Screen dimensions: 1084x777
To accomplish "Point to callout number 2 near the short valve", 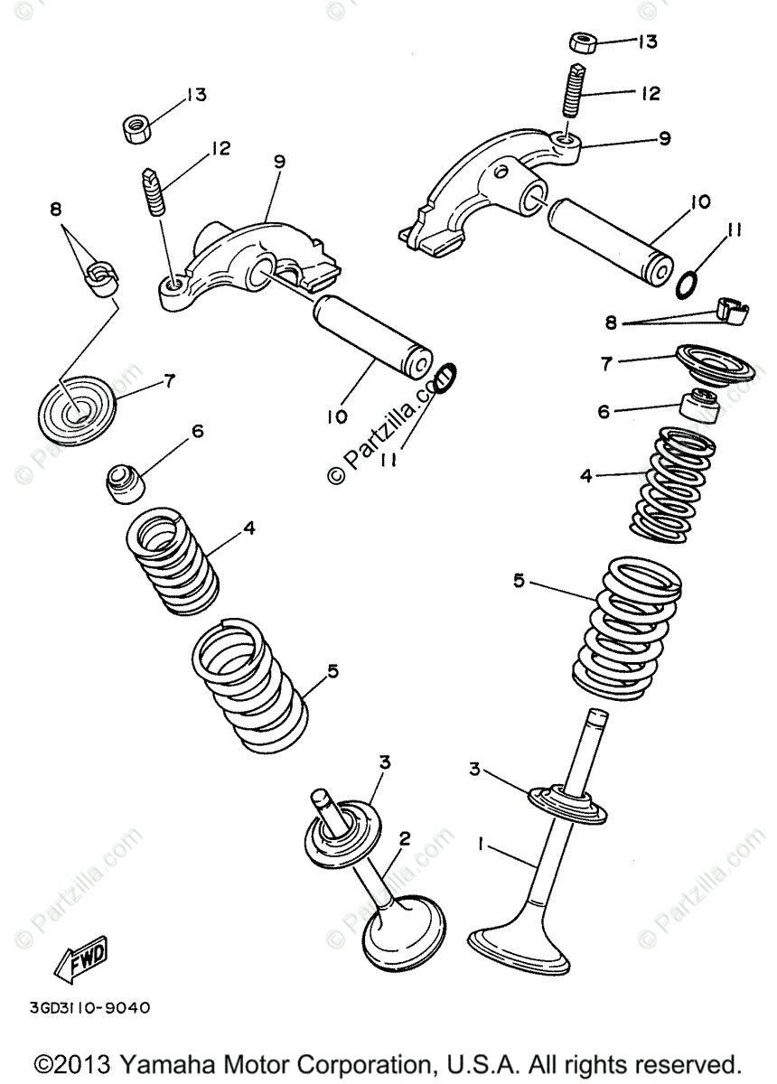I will coord(405,839).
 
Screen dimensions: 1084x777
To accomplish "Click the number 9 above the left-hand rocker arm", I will coord(279,162).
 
